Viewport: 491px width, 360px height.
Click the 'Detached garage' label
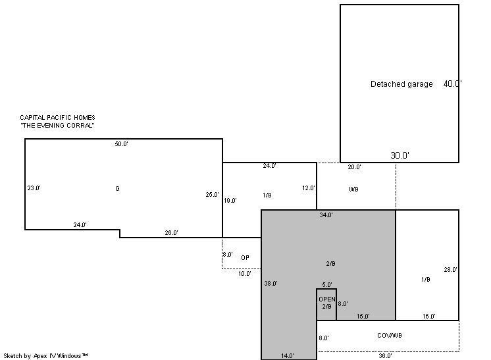pos(401,84)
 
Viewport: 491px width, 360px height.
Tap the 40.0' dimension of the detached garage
pos(452,84)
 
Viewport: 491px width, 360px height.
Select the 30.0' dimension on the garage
pos(400,155)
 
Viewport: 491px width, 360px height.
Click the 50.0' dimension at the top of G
pos(121,144)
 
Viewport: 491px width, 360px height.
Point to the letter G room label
pos(117,188)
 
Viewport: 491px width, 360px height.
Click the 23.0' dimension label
pos(34,188)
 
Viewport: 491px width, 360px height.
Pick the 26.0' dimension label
pos(171,233)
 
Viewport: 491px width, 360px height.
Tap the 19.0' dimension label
pos(230,201)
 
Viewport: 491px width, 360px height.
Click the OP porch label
pos(245,257)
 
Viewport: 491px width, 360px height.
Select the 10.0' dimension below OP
pos(245,274)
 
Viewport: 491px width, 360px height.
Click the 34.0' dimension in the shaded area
pos(326,215)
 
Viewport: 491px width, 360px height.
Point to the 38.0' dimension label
pos(271,284)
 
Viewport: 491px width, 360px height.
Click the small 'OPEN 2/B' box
pos(326,304)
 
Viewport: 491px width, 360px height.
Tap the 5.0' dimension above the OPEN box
pos(327,285)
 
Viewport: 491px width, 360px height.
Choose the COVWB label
pos(390,335)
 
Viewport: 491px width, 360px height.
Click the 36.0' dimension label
pos(385,356)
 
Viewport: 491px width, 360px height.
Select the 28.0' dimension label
pos(450,270)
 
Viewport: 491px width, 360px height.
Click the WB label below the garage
pos(353,189)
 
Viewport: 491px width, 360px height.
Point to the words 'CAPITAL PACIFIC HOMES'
pos(58,118)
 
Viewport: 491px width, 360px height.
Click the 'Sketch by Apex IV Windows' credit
pos(45,356)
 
